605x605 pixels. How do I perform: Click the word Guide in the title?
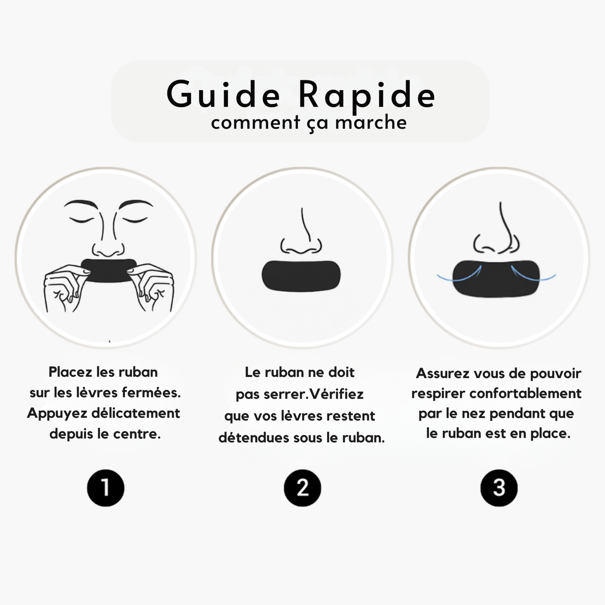[x=223, y=95]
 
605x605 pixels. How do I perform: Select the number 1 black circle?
[x=106, y=488]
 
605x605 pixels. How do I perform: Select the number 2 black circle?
[x=302, y=488]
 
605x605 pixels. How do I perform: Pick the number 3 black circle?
[x=499, y=488]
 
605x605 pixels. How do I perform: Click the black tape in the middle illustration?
[x=301, y=275]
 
